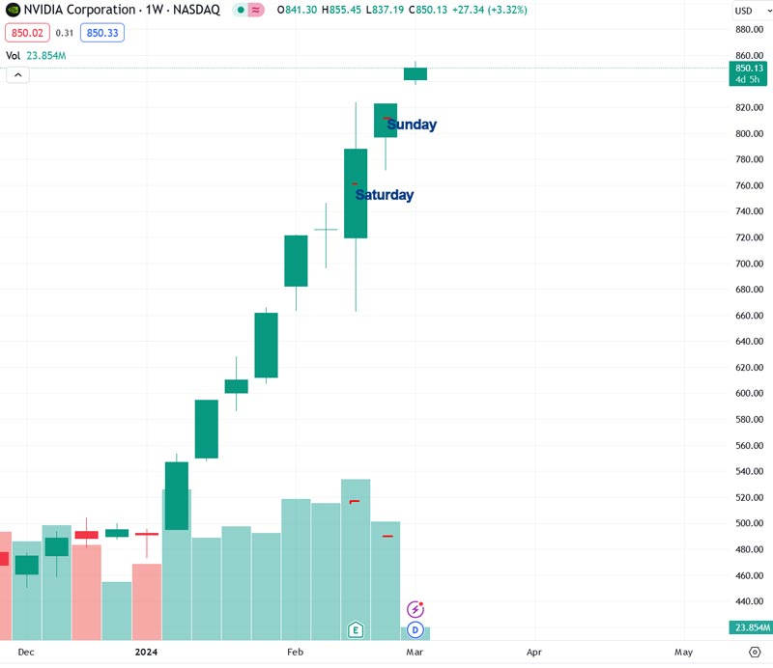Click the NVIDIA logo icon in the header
pyautogui.click(x=13, y=11)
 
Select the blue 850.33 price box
pyautogui.click(x=101, y=33)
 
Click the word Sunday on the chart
pyautogui.click(x=412, y=125)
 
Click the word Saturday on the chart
pyautogui.click(x=385, y=195)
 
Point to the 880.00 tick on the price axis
pyautogui.click(x=750, y=29)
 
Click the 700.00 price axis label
pyautogui.click(x=750, y=264)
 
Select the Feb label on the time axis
pyautogui.click(x=296, y=653)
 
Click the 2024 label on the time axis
pyautogui.click(x=146, y=653)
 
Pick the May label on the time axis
pyautogui.click(x=683, y=653)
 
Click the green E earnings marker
pyautogui.click(x=356, y=630)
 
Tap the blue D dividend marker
pyautogui.click(x=415, y=630)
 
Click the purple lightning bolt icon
pyautogui.click(x=415, y=610)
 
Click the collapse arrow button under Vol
pyautogui.click(x=17, y=75)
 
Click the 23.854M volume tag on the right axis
pyautogui.click(x=750, y=627)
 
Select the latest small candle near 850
pyautogui.click(x=415, y=73)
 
